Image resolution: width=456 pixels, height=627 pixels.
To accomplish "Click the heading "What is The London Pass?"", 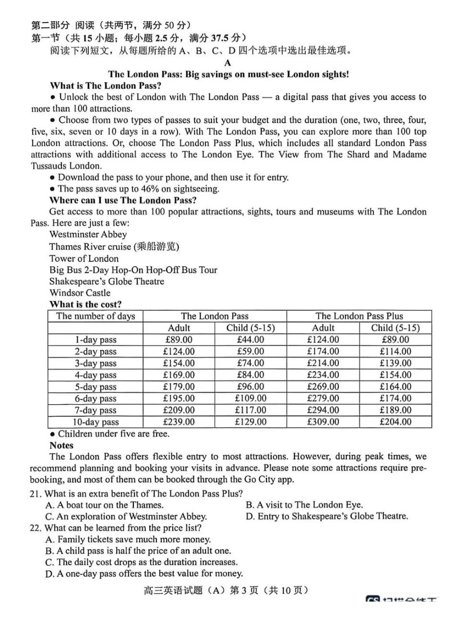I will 105,86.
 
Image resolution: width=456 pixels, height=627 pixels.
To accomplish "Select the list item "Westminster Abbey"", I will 88,235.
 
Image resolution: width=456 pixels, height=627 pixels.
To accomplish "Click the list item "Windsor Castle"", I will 80,293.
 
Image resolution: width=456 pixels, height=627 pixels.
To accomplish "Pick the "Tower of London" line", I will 84,258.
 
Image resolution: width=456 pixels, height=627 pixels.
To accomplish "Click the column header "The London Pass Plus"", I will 359,316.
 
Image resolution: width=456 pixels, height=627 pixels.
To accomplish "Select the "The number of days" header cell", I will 96,316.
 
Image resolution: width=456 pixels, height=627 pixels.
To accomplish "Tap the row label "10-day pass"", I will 96,422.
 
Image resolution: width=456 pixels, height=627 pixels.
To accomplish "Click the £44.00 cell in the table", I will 251,339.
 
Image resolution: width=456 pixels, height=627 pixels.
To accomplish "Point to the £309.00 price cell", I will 323,422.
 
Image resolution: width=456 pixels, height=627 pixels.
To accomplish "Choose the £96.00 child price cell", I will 251,386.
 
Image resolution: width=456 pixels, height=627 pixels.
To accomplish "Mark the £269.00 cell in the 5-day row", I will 323,386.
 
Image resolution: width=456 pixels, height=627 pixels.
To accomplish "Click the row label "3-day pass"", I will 96,363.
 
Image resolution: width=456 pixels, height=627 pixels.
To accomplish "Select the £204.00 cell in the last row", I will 395,422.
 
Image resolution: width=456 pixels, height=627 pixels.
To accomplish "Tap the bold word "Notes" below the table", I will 61,446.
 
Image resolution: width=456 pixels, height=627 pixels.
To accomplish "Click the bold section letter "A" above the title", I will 228,63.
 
